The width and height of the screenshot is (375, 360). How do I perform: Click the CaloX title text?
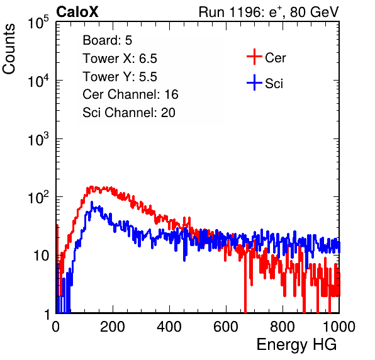point(77,12)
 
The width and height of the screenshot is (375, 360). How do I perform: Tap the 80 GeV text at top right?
point(314,12)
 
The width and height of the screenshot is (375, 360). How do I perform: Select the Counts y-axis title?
point(9,49)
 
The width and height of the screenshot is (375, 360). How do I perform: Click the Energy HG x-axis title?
point(296,345)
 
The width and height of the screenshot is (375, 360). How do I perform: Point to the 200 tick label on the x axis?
point(113,327)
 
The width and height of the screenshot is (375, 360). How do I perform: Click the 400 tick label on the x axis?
point(169,327)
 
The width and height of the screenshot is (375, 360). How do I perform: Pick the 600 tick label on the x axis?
point(226,327)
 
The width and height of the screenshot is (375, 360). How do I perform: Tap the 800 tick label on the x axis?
point(283,327)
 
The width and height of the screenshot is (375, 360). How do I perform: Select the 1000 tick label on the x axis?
point(339,327)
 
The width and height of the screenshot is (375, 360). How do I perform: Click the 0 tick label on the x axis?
point(55,327)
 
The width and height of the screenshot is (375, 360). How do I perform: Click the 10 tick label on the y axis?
point(41,256)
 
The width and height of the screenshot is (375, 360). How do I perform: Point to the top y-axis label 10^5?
point(38,22)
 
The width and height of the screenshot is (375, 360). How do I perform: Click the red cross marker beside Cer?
point(254,57)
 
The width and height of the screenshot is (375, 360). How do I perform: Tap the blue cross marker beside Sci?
point(254,82)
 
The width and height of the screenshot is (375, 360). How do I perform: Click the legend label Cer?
point(275,58)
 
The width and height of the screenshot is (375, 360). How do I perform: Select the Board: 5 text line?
point(108,40)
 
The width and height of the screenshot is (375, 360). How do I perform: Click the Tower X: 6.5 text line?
point(120,59)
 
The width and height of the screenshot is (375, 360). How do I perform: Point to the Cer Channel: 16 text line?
point(130,94)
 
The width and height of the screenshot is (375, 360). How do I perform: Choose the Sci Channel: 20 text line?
point(129,113)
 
